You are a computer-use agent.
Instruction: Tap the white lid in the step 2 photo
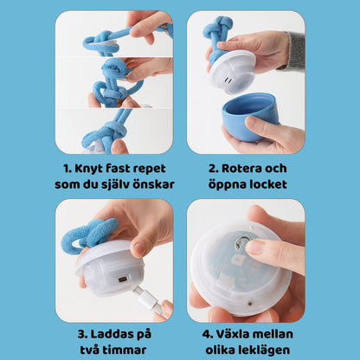point(233,73)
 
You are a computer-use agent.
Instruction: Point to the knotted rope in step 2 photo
point(217,35)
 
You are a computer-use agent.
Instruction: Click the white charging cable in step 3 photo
point(145,302)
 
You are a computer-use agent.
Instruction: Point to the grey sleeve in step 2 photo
point(295,50)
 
